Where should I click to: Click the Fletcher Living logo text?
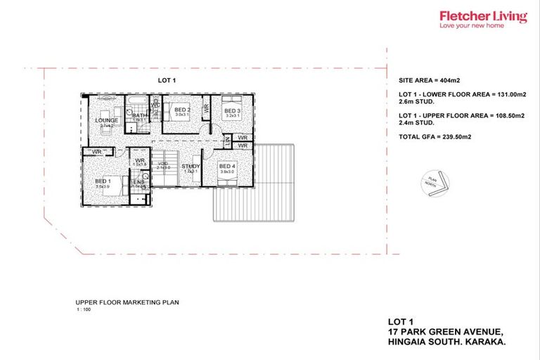(x=482, y=15)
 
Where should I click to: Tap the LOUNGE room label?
(x=105, y=120)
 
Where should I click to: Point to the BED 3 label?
(x=232, y=111)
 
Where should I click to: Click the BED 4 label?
(x=226, y=167)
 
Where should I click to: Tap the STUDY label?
(x=190, y=167)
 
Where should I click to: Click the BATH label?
(x=139, y=116)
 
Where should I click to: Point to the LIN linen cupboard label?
(x=227, y=141)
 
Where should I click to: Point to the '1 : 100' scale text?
(x=84, y=310)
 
